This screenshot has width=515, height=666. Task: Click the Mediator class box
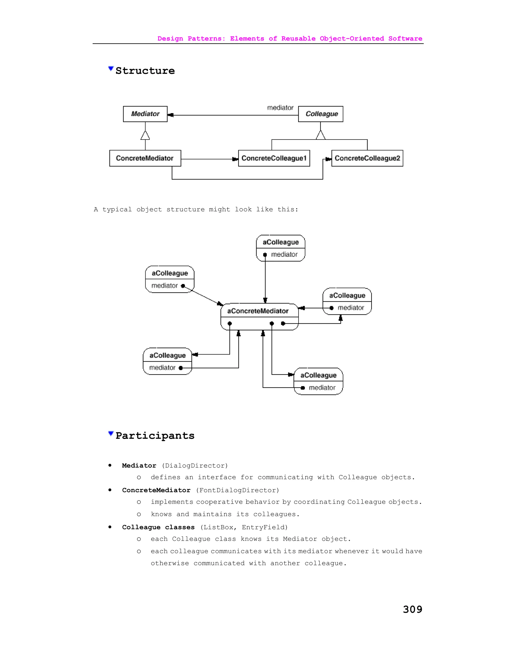pyautogui.click(x=145, y=114)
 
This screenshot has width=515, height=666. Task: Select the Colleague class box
pyautogui.click(x=321, y=114)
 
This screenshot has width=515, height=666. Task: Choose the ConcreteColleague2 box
pyautogui.click(x=367, y=158)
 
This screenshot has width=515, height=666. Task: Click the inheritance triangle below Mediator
pyautogui.click(x=145, y=136)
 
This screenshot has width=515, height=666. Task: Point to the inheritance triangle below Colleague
pyautogui.click(x=321, y=135)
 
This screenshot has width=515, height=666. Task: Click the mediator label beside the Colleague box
pyautogui.click(x=280, y=108)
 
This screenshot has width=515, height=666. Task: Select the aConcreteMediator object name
pyautogui.click(x=258, y=311)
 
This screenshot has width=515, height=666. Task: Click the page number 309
pyautogui.click(x=412, y=609)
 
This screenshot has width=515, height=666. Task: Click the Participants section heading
pyautogui.click(x=155, y=436)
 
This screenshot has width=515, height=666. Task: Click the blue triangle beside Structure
pyautogui.click(x=111, y=69)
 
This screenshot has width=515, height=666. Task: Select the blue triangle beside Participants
pyautogui.click(x=111, y=433)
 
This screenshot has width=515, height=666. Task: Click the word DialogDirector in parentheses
pyautogui.click(x=195, y=466)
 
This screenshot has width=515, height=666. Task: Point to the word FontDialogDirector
pyautogui.click(x=237, y=490)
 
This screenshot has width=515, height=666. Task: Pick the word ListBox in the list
pyautogui.click(x=218, y=527)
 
